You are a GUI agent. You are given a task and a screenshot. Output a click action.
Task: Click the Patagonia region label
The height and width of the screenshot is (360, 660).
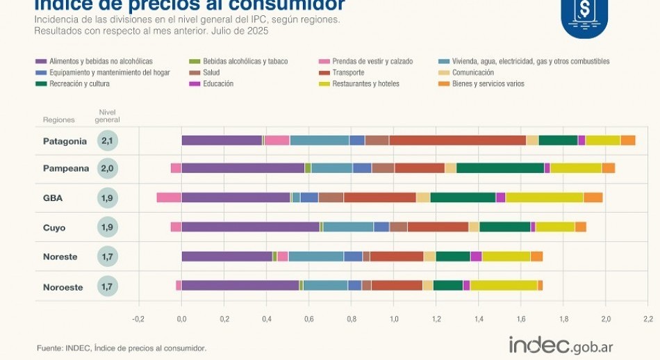[x=65, y=141]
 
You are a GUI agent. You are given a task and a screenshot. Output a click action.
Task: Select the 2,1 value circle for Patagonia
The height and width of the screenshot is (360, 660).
[x=107, y=141]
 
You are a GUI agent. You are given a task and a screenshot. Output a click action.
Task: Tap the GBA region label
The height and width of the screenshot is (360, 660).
[x=53, y=198]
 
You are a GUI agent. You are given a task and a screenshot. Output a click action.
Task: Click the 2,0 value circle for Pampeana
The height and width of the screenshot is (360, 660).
[x=107, y=168]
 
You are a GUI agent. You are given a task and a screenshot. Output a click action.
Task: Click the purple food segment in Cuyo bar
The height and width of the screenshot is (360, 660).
[x=250, y=227]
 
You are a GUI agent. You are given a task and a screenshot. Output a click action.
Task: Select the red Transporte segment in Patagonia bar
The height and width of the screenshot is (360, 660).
[x=457, y=140]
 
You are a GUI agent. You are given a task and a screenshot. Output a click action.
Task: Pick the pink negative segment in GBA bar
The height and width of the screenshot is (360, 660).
[x=169, y=197]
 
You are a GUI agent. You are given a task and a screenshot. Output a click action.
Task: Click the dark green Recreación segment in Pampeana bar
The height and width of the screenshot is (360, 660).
[x=500, y=168]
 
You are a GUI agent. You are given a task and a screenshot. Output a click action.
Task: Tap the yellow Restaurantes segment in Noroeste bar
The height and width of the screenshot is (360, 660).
[x=504, y=285]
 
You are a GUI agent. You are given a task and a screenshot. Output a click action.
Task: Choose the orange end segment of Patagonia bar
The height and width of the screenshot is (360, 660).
[x=627, y=140]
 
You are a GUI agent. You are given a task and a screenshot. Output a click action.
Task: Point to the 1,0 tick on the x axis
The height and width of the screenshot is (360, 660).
[x=393, y=319]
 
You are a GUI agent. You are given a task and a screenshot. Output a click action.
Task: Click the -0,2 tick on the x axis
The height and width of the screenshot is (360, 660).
[x=138, y=319]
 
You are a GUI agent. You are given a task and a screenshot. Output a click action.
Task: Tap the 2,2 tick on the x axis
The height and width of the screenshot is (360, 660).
[x=647, y=319]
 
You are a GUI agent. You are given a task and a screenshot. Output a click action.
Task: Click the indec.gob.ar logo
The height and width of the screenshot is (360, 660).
[x=560, y=345]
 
